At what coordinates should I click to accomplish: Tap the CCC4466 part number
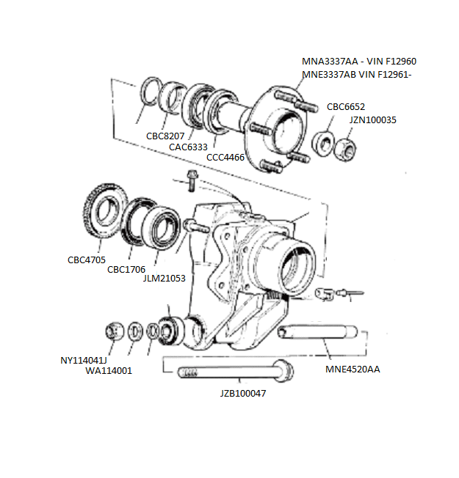coord(225,157)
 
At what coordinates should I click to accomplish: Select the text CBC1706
coord(126,269)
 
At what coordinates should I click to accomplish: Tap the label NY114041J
coord(84,360)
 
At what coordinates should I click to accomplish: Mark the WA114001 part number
coord(109,370)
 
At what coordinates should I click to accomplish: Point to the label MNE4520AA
coord(353,369)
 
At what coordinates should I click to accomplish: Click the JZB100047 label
coord(242,393)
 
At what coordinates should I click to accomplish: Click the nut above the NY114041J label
coord(113,331)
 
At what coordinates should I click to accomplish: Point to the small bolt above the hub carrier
coord(192,177)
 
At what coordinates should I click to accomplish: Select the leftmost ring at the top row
coord(151,92)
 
